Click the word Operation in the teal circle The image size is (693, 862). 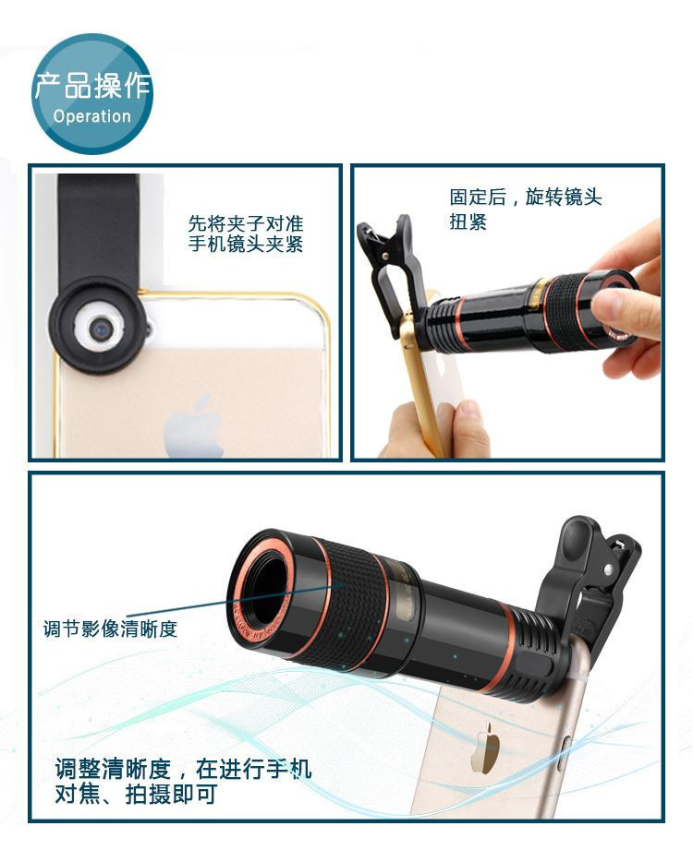click(x=91, y=116)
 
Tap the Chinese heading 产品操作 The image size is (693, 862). click(x=92, y=86)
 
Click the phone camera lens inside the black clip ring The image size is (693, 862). click(x=102, y=329)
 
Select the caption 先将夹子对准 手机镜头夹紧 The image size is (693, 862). click(x=246, y=233)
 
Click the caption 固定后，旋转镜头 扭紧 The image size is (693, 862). click(x=525, y=209)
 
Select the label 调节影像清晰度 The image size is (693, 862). click(x=110, y=629)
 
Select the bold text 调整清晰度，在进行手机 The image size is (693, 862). click(x=183, y=769)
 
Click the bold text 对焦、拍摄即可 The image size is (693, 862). click(x=136, y=794)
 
